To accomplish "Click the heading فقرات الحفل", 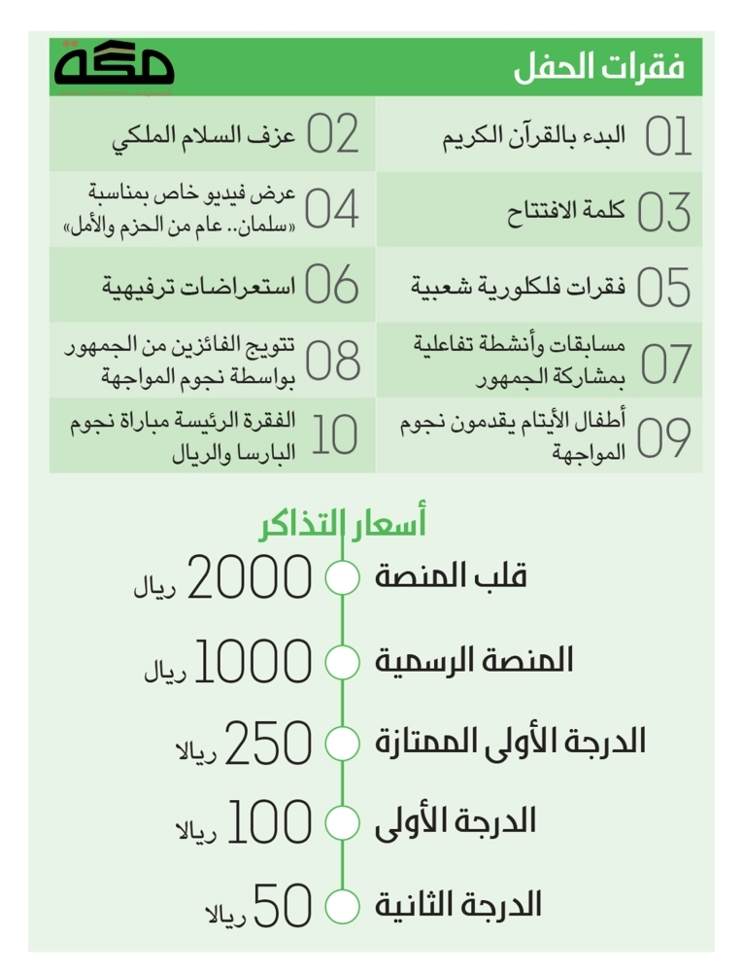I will (x=598, y=68).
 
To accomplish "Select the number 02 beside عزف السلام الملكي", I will (x=333, y=135).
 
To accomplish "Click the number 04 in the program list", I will (x=332, y=209).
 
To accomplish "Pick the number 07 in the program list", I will (x=666, y=363).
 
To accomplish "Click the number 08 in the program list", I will (x=332, y=361).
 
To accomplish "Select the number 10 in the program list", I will (x=335, y=435).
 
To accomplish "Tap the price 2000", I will (x=249, y=578).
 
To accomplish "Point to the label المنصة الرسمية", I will (x=474, y=661).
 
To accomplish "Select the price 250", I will (x=268, y=745).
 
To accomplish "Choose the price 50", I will (x=283, y=906).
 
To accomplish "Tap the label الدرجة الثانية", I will (x=457, y=906).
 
